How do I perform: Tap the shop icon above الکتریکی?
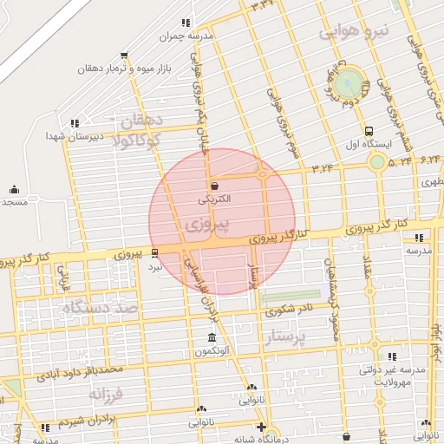pos(214,186)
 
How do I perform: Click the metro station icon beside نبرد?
pos(154,253)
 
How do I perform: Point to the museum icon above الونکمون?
pos(212,337)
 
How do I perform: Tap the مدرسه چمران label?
pos(183,37)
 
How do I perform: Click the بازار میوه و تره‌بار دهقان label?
pos(122,68)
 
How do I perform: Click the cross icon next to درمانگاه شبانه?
pos(263,427)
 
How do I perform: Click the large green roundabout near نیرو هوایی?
pos(349,83)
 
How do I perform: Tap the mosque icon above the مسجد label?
pos(13,189)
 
